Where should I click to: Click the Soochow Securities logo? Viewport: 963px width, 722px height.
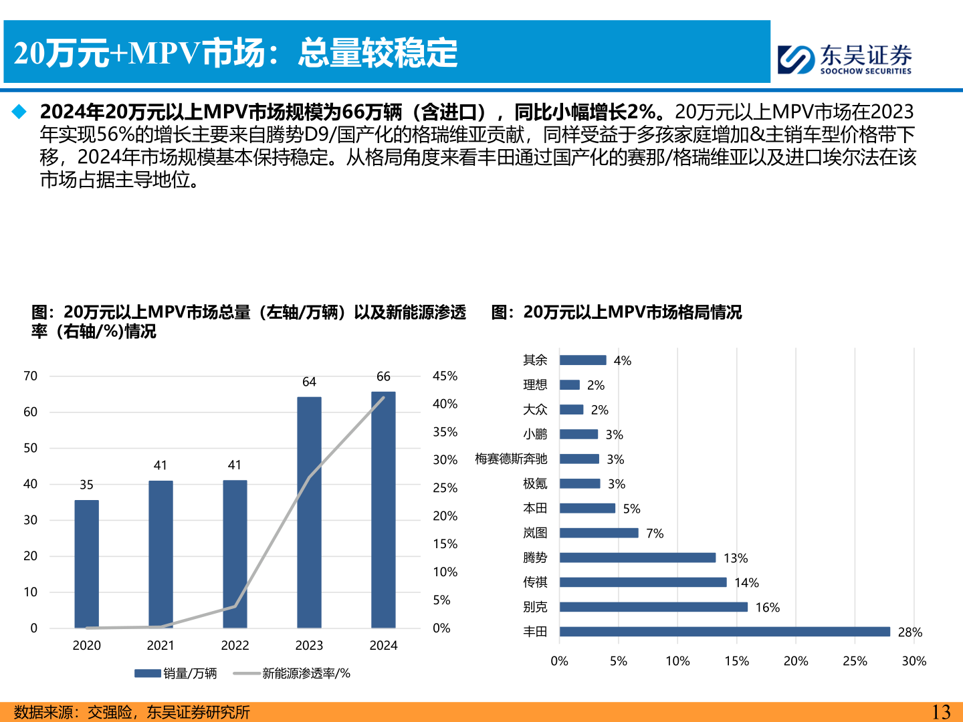click(845, 59)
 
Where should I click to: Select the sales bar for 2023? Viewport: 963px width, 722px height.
click(309, 512)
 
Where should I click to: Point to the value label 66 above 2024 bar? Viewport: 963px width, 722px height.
click(383, 376)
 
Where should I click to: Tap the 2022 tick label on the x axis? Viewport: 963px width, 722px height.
click(235, 645)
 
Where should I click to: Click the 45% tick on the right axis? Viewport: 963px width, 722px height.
click(445, 376)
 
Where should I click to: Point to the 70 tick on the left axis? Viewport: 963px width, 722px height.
click(31, 376)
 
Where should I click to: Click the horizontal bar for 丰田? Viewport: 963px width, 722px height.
click(724, 632)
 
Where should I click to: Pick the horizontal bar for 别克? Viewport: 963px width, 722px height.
click(653, 607)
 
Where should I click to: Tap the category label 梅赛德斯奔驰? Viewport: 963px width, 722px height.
click(511, 459)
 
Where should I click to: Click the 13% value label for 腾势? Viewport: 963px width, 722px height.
click(736, 558)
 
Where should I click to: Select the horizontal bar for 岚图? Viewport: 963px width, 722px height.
click(599, 533)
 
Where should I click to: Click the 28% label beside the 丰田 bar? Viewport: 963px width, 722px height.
click(909, 632)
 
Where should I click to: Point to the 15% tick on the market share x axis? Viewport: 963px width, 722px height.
click(736, 661)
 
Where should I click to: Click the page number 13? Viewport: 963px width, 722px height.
click(941, 712)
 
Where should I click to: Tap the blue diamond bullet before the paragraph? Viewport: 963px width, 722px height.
click(19, 111)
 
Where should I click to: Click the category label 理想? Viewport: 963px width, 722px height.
click(535, 384)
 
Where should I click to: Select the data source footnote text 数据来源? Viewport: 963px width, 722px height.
click(132, 712)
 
